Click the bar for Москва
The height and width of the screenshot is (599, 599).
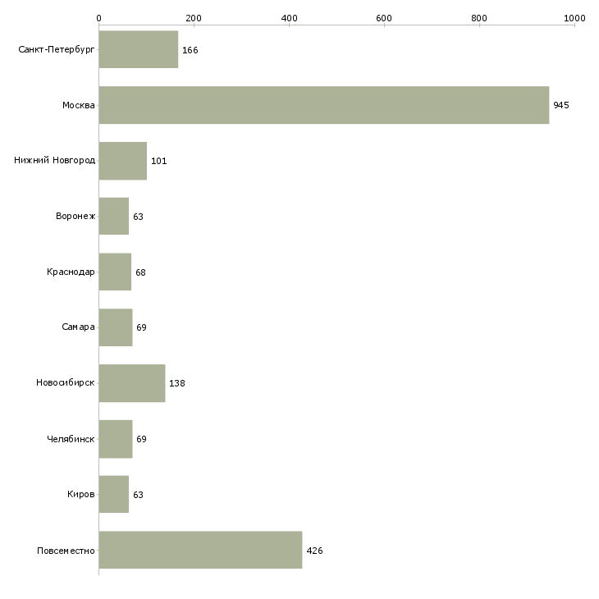324,105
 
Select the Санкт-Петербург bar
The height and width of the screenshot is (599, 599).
139,49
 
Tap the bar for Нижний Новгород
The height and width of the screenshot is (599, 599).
123,161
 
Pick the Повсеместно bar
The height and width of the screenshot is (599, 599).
200,550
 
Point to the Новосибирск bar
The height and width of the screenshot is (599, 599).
132,383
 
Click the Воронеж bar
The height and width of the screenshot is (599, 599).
114,217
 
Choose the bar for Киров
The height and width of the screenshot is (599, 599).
114,494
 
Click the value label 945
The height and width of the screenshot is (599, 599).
561,105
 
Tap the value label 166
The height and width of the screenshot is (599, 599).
190,50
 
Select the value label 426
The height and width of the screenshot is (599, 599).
314,551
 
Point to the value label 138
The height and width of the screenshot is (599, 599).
177,383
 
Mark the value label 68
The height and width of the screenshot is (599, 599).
140,272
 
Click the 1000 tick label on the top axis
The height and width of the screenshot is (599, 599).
574,18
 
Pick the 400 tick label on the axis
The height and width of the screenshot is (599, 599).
289,18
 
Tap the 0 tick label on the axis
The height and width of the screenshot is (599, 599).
99,18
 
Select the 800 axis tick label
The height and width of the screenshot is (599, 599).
479,18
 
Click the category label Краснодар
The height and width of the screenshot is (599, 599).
71,272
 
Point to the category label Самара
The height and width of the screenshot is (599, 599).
78,327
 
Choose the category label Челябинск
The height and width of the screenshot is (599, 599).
71,439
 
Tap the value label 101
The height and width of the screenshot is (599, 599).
159,161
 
